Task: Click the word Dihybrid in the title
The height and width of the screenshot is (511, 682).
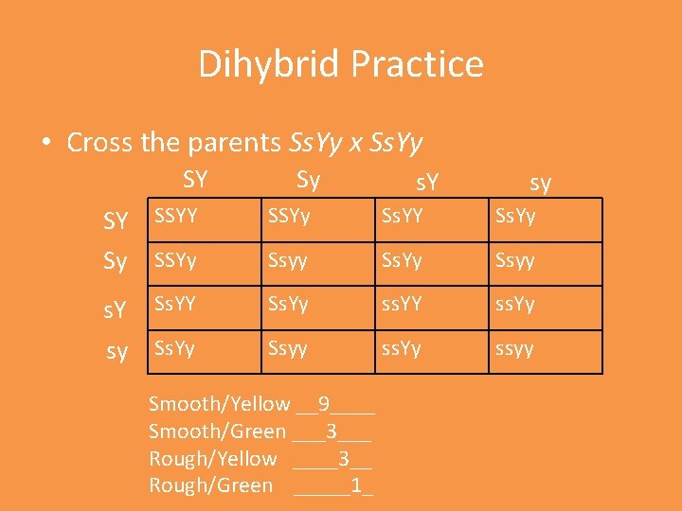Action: click(x=269, y=64)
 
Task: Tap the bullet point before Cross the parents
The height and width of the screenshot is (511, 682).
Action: click(x=46, y=143)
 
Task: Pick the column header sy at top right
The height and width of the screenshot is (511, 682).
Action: click(x=541, y=181)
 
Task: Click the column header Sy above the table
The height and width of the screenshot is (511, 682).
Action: click(x=308, y=179)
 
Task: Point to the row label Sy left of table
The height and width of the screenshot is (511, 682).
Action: click(x=115, y=262)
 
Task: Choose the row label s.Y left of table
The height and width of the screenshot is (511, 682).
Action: click(x=115, y=308)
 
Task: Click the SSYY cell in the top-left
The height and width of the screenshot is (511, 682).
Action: click(x=176, y=216)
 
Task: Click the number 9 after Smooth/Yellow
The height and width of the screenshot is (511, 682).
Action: click(x=324, y=404)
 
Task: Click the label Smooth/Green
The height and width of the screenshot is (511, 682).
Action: click(x=217, y=432)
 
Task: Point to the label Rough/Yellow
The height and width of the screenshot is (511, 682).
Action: click(x=213, y=459)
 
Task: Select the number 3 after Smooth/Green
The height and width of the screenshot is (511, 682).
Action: click(x=331, y=432)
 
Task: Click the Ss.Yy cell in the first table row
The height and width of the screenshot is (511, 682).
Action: click(x=515, y=216)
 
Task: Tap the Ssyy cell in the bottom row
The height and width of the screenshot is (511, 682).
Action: click(x=288, y=348)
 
